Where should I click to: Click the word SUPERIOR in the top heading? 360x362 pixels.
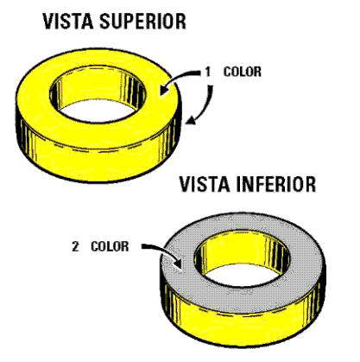[142, 21]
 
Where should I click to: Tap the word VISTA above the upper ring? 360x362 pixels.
[68, 21]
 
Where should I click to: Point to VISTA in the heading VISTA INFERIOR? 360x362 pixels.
[205, 184]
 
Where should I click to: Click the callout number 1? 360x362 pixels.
[208, 72]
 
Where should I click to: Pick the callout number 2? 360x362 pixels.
[75, 247]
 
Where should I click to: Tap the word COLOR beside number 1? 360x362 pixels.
[243, 72]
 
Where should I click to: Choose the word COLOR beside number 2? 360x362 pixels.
[110, 247]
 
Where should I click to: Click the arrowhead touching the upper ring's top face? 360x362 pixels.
[165, 89]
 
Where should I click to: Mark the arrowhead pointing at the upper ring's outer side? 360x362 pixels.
[190, 120]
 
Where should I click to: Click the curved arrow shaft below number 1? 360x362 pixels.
[207, 101]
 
